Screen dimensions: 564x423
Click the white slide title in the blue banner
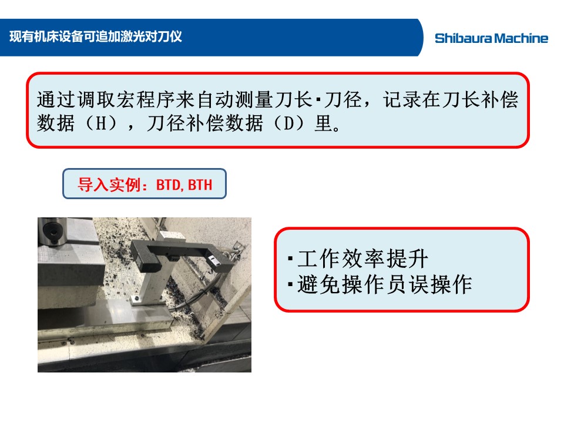pyautogui.click(x=96, y=36)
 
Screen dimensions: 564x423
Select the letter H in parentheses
pyautogui.click(x=101, y=123)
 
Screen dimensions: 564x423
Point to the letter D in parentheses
pyautogui.click(x=289, y=123)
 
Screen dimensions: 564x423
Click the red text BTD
pyautogui.click(x=168, y=185)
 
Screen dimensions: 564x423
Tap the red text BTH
pyautogui.click(x=200, y=185)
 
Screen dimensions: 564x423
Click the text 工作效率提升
pyautogui.click(x=362, y=258)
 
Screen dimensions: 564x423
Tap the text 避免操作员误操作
pyautogui.click(x=384, y=284)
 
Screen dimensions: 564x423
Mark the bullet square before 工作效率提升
pyautogui.click(x=290, y=258)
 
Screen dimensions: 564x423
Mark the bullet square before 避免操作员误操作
pyautogui.click(x=290, y=285)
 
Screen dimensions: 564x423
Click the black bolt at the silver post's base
pyautogui.click(x=135, y=298)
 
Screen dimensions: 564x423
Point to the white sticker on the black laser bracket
pyautogui.click(x=212, y=258)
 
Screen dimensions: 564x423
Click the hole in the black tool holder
pyautogui.click(x=53, y=230)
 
